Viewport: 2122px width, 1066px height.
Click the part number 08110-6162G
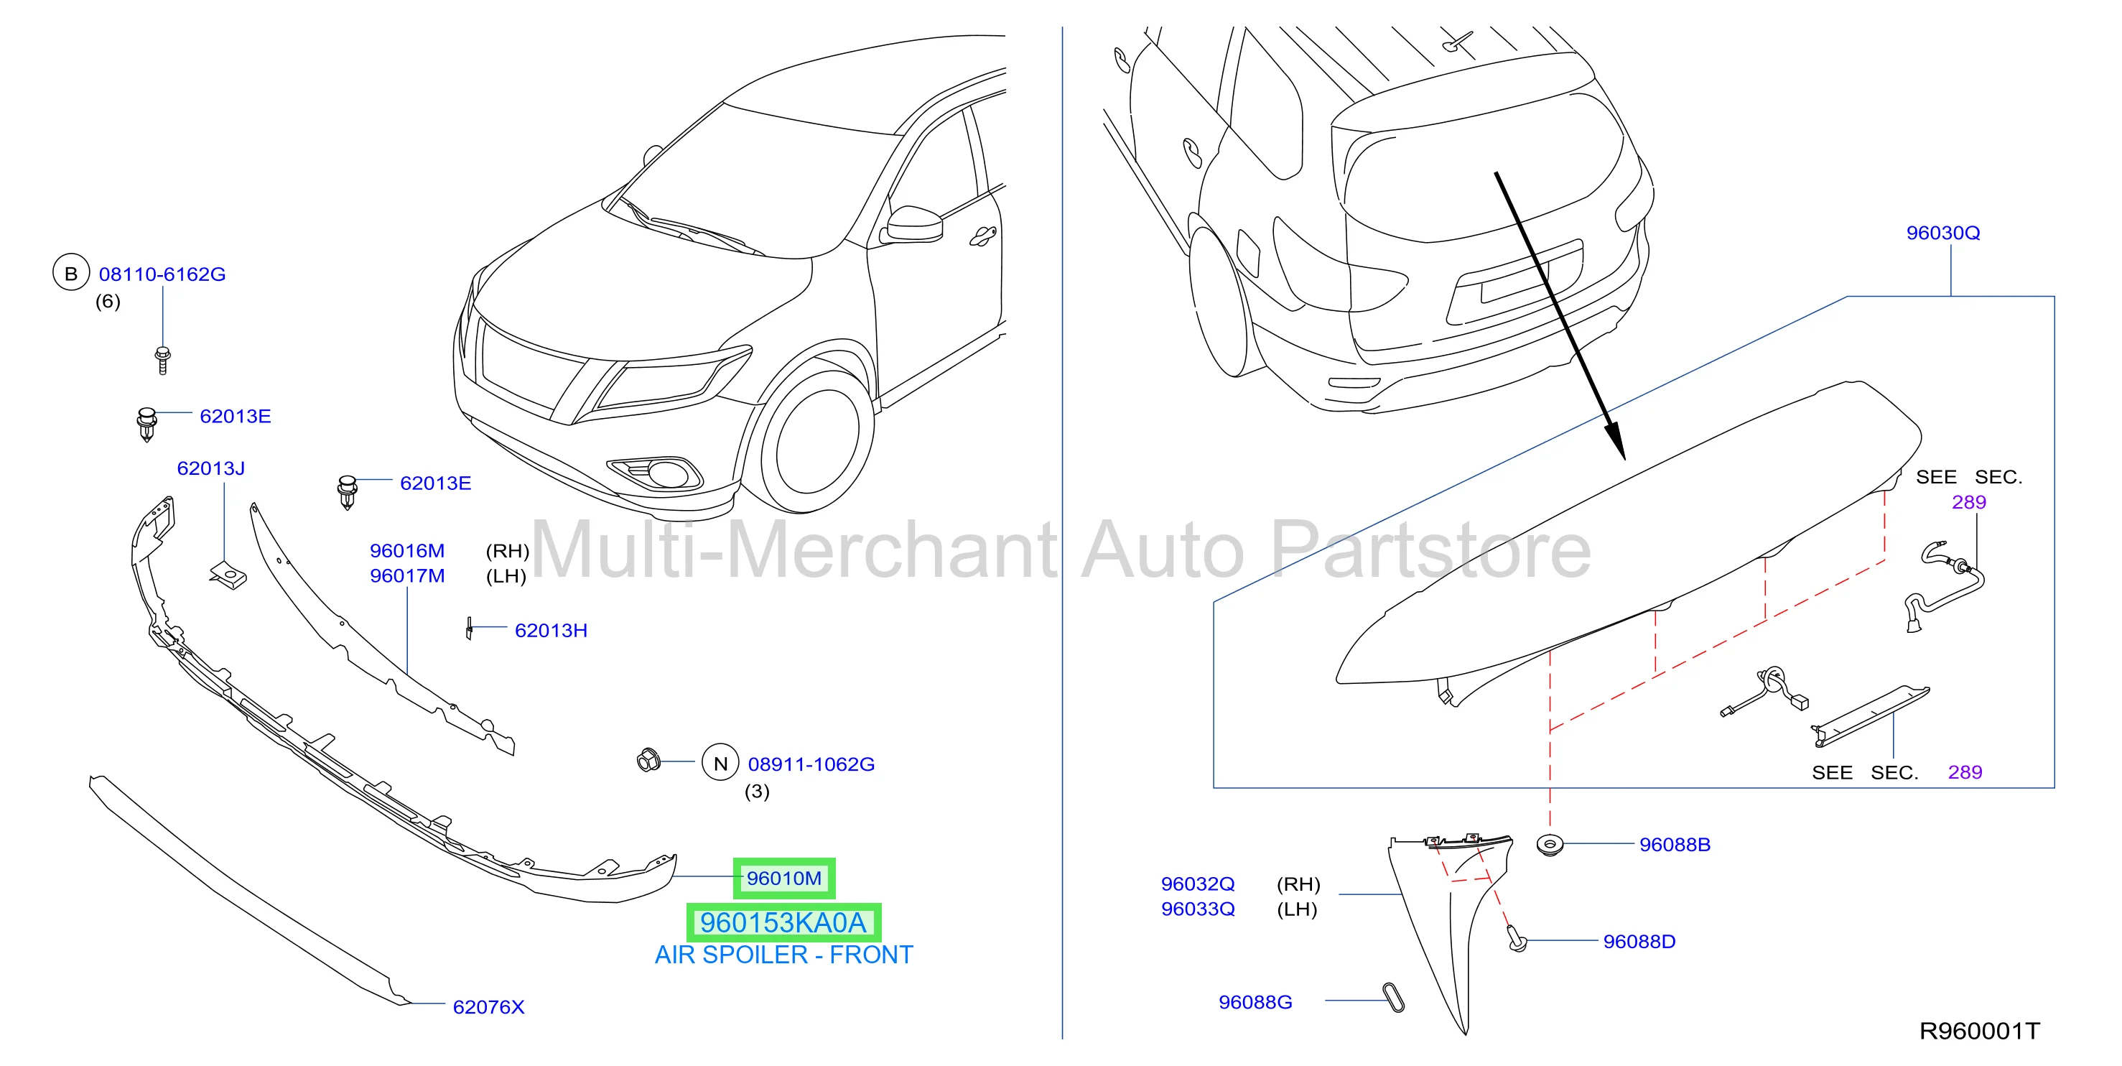162,274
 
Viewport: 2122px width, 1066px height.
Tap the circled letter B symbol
71,273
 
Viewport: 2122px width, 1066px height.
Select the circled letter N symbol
721,763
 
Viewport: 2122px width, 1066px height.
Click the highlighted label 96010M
784,879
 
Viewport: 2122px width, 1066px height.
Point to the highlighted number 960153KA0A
783,922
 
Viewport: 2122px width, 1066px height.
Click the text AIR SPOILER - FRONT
783,955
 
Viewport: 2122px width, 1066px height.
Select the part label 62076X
488,1006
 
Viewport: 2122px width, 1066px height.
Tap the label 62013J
211,468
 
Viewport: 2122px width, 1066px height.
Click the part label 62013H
551,630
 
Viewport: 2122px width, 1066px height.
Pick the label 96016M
407,550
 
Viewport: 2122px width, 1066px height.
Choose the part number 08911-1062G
811,764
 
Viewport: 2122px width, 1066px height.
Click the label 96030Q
1942,233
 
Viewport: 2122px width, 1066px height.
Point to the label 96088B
1675,845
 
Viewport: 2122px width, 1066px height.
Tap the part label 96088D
1639,942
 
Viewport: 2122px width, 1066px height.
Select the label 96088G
1255,1002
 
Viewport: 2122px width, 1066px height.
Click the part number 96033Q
1198,909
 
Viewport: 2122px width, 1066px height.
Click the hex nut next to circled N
648,759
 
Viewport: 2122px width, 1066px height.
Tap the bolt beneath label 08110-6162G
162,360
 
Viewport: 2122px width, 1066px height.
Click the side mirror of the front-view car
913,224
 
